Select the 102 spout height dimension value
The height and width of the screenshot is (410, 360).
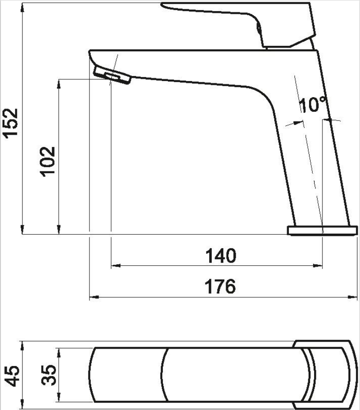pyautogui.click(x=47, y=161)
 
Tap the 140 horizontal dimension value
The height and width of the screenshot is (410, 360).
pyautogui.click(x=221, y=256)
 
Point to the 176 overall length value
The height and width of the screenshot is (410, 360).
pyautogui.click(x=220, y=286)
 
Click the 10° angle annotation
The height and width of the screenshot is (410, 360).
pyautogui.click(x=313, y=104)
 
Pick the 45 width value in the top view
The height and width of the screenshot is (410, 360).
pyautogui.click(x=12, y=376)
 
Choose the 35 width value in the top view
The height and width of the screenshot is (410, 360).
pyautogui.click(x=49, y=375)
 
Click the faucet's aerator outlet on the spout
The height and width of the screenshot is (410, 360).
pyautogui.click(x=112, y=75)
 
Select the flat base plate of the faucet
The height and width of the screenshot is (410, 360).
pyautogui.click(x=322, y=230)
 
